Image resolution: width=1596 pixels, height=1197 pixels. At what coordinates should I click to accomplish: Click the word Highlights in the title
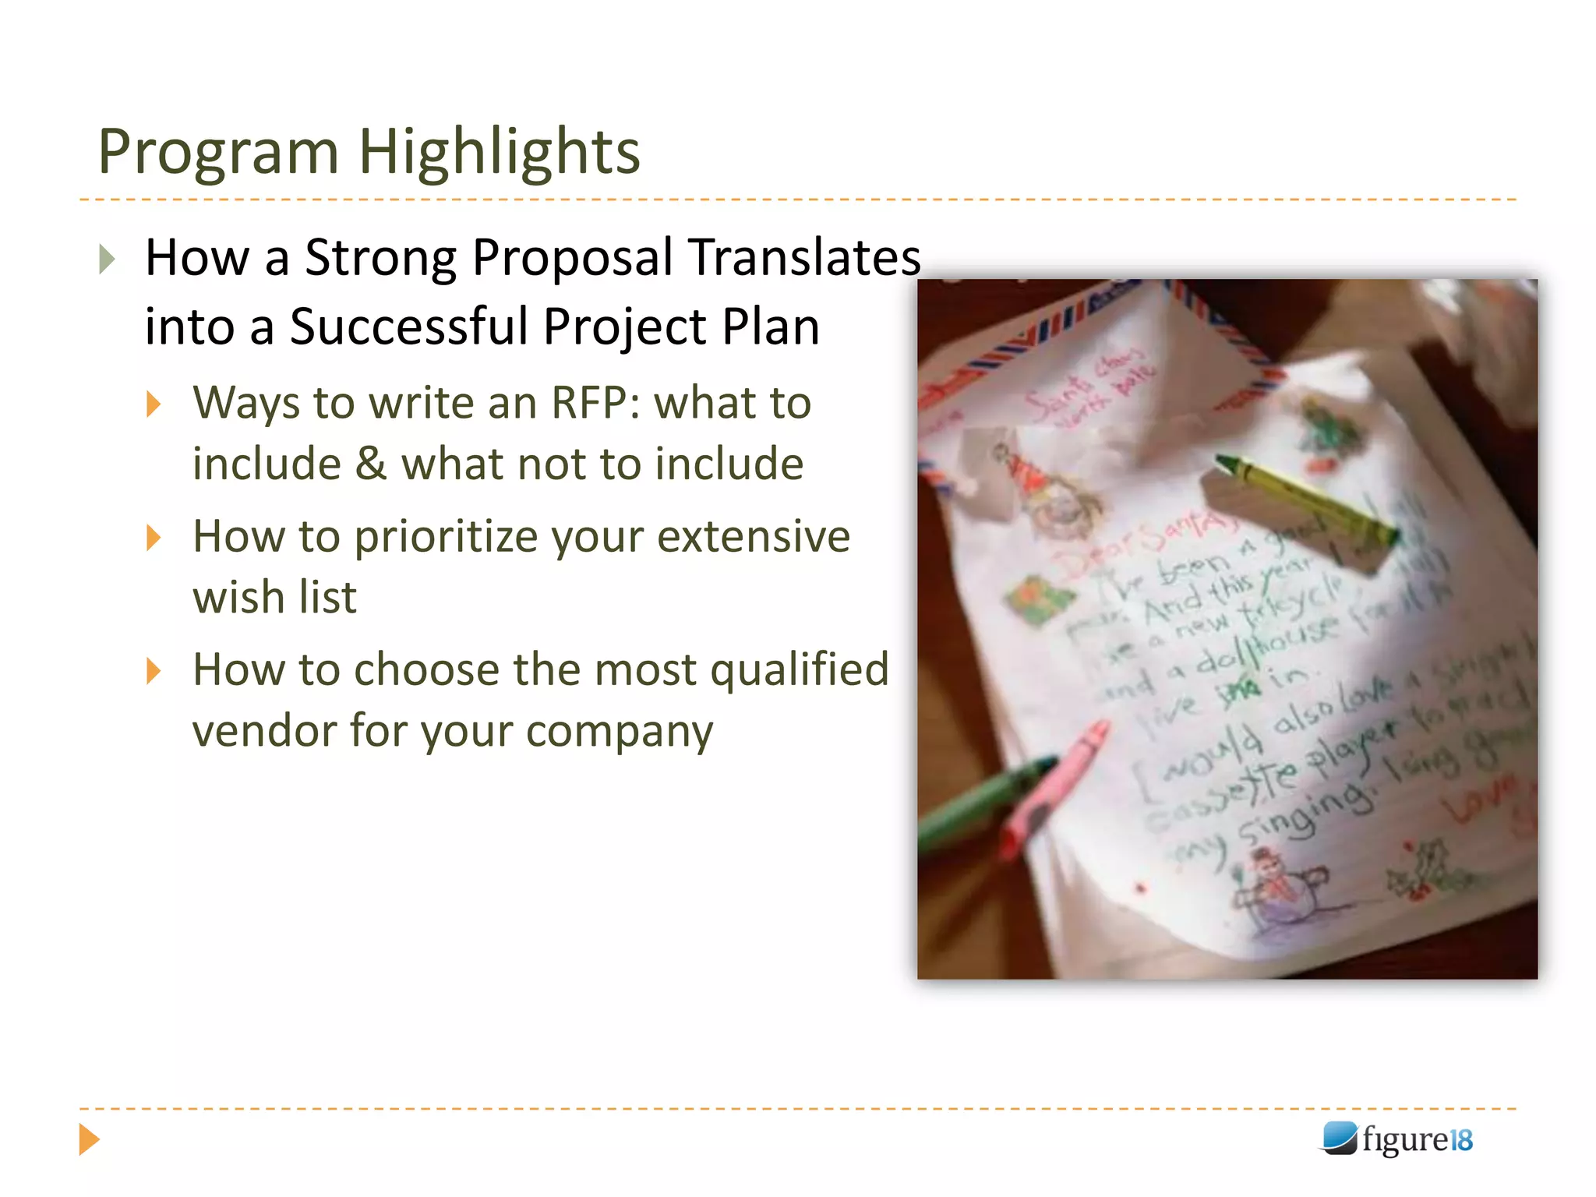click(499, 152)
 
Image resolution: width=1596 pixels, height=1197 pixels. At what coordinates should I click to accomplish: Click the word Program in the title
click(218, 152)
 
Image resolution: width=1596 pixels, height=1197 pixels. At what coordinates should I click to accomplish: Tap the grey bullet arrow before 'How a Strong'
click(108, 259)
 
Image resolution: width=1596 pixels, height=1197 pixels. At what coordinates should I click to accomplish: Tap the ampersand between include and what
click(371, 464)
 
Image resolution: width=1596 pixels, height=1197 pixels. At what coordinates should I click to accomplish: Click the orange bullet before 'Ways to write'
click(154, 404)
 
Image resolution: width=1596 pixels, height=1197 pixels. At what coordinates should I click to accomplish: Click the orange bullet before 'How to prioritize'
click(154, 538)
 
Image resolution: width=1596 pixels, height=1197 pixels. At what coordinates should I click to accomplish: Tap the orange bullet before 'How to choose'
click(154, 671)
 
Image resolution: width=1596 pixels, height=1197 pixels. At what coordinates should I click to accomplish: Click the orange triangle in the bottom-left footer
click(89, 1139)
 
